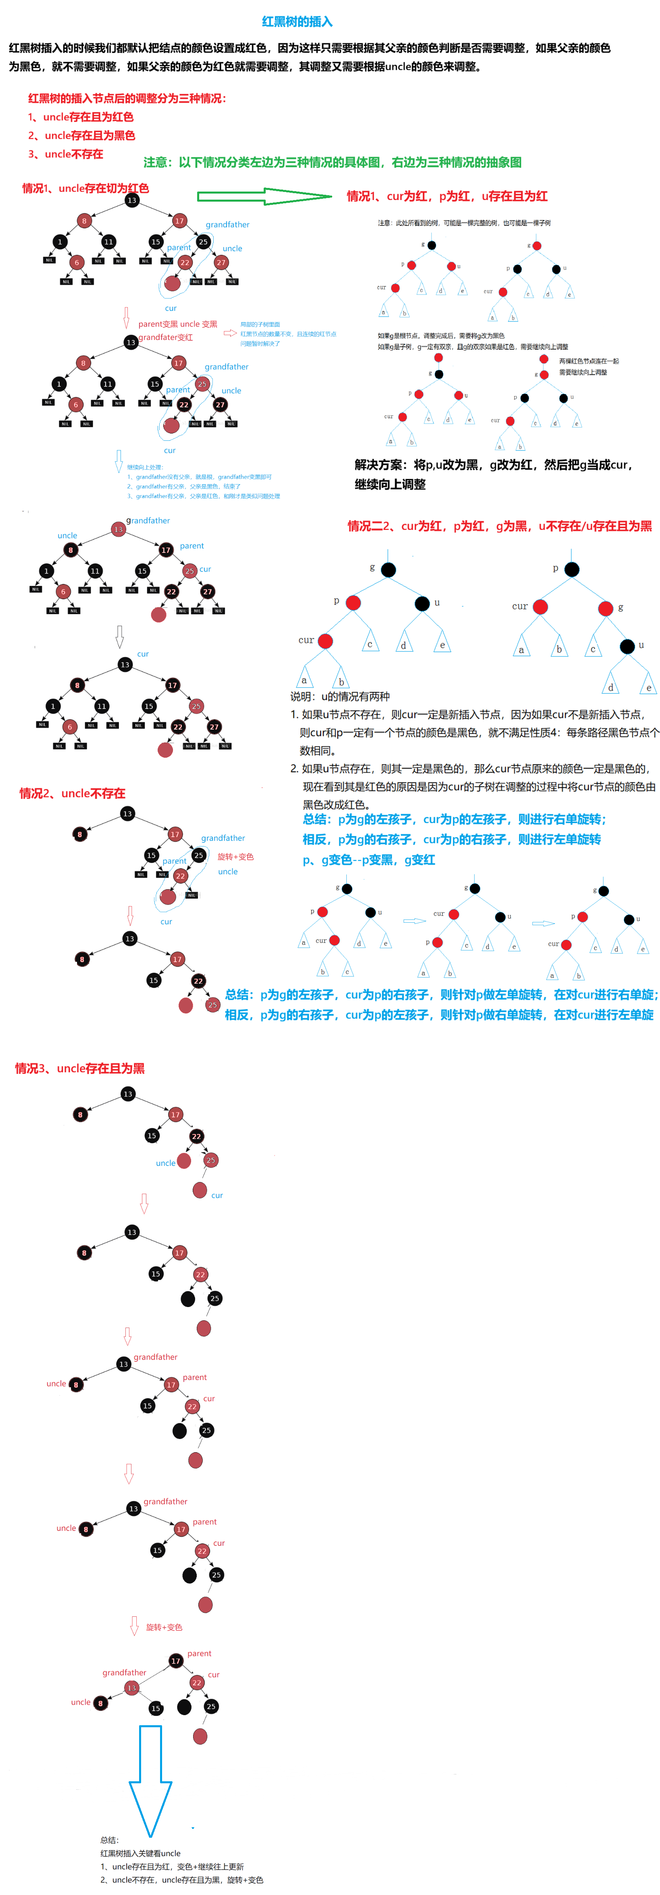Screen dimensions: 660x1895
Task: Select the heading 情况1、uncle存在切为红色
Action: point(85,188)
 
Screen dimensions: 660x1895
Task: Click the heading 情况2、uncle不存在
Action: point(72,793)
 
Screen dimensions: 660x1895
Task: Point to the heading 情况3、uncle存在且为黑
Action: point(79,1068)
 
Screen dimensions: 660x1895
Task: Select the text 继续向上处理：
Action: point(145,467)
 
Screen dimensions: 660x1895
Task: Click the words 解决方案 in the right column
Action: point(379,465)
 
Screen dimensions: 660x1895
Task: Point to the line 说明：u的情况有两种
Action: point(340,696)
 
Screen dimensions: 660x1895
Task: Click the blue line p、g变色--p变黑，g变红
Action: point(369,860)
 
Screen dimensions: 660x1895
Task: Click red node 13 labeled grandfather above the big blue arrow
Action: point(132,1688)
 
